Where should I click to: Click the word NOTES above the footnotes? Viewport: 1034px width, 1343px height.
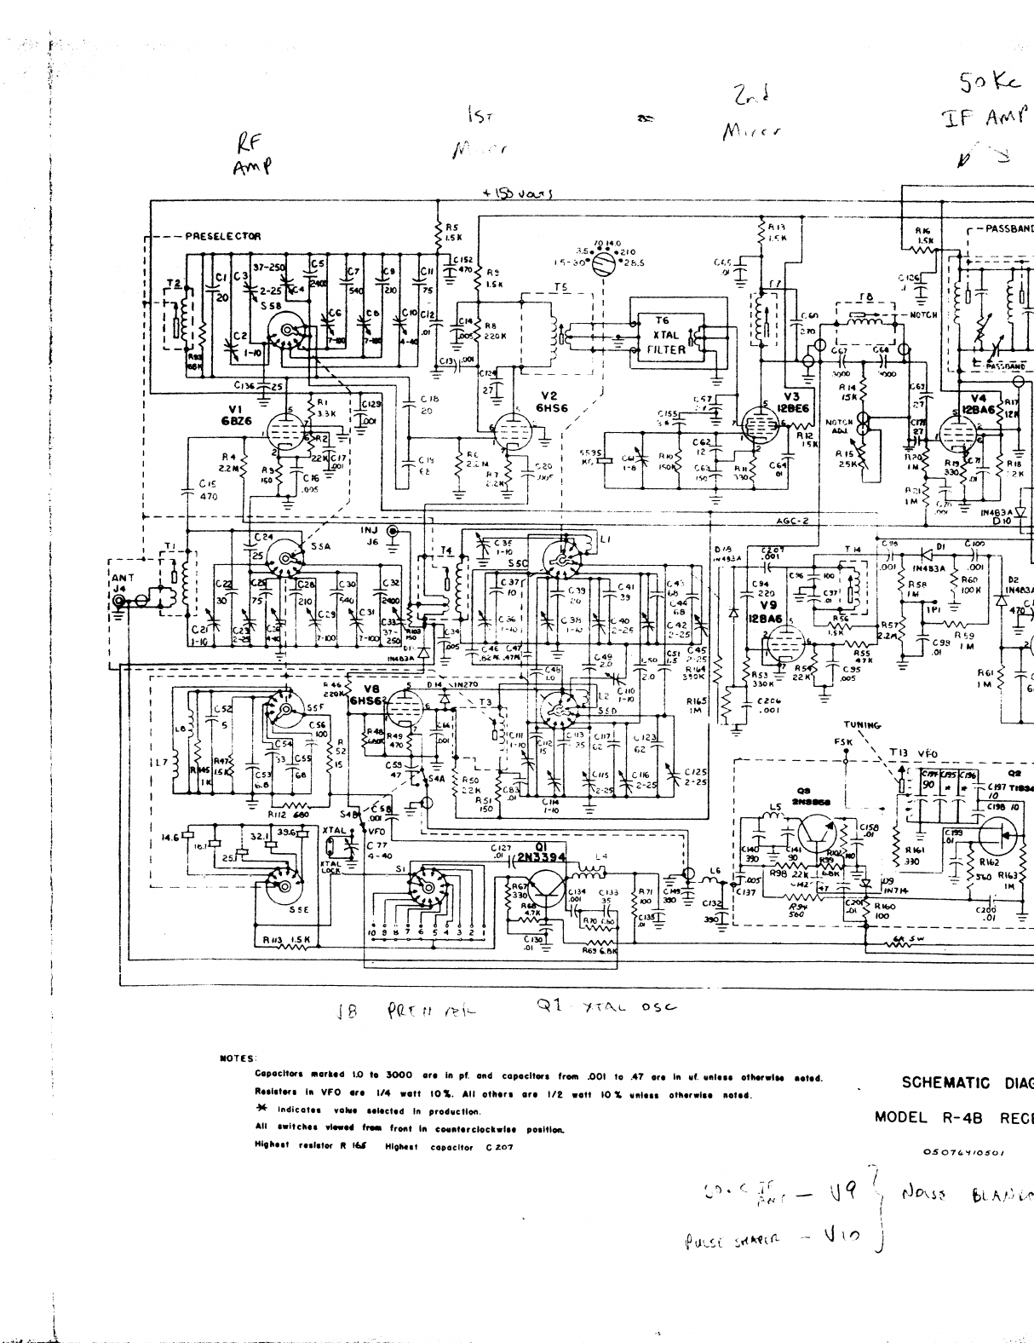[x=237, y=1058]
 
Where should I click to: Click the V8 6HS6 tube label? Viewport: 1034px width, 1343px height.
[x=369, y=695]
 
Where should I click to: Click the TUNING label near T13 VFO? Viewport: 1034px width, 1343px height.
[x=862, y=725]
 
